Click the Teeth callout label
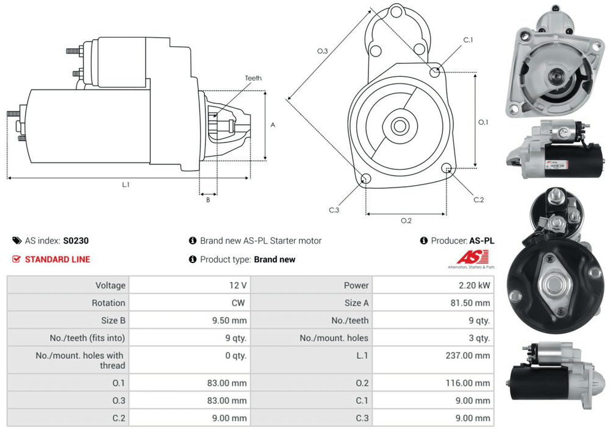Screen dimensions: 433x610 click(x=253, y=78)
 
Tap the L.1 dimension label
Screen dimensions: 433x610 click(x=126, y=185)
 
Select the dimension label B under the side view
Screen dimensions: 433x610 click(x=208, y=199)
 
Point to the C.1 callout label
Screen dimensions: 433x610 click(x=468, y=40)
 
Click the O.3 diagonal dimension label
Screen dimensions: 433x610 click(x=323, y=52)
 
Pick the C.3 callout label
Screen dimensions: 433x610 click(x=334, y=210)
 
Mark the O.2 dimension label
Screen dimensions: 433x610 click(x=406, y=220)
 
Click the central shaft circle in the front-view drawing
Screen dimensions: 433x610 click(x=400, y=127)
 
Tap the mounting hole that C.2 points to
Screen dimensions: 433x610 click(x=447, y=168)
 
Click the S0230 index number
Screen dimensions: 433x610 click(x=76, y=241)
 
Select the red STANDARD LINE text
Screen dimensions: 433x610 click(x=57, y=259)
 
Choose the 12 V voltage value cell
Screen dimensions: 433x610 click(x=239, y=285)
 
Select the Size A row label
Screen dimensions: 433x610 click(x=357, y=303)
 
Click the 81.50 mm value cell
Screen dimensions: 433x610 click(x=470, y=303)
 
